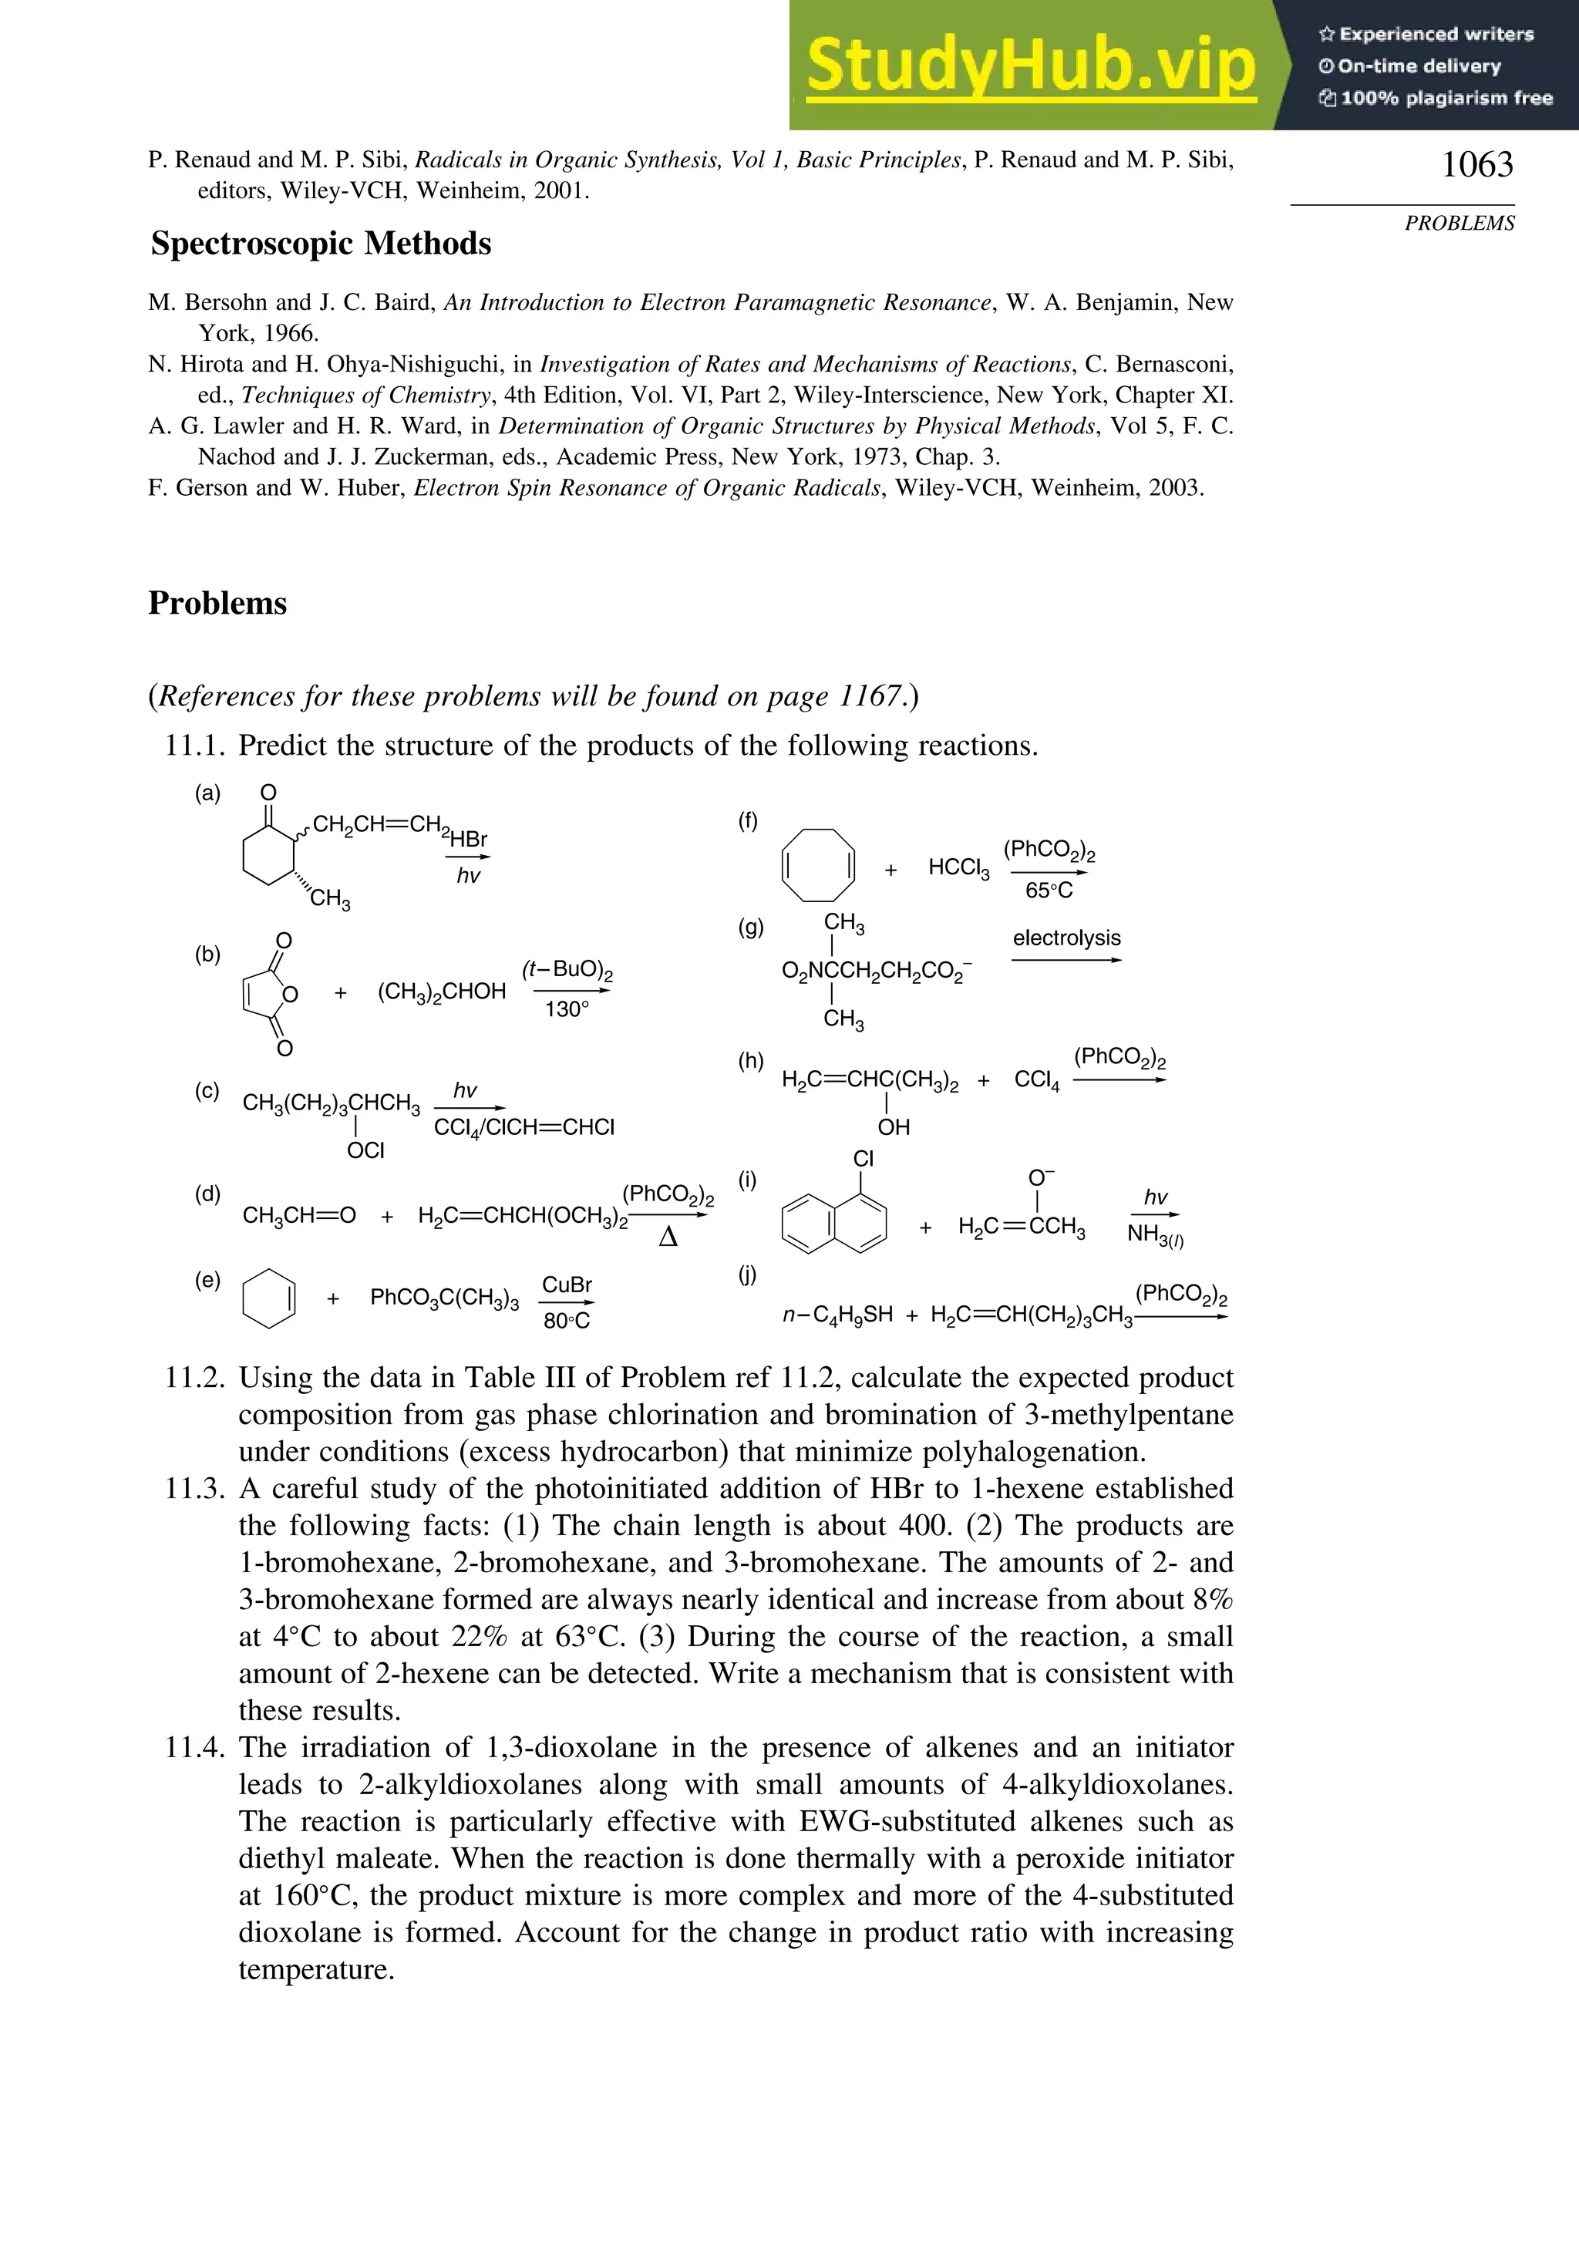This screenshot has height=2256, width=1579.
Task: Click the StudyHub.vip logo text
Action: [1031, 66]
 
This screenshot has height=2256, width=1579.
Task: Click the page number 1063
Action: [1476, 164]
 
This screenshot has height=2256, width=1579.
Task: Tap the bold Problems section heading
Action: [217, 603]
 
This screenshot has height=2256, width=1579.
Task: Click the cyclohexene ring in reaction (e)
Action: [268, 1299]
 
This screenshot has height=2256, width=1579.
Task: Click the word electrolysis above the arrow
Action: [1066, 938]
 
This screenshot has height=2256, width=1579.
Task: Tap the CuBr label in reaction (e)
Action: [567, 1285]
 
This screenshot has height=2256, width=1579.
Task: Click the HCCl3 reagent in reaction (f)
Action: [958, 867]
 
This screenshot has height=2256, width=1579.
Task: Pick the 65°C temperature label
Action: [1049, 891]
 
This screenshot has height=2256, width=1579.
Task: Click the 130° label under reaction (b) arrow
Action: [567, 1009]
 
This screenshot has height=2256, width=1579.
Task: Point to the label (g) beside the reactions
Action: [751, 928]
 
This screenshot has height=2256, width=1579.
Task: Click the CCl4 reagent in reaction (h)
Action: [1037, 1081]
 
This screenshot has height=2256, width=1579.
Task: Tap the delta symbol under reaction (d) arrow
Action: [668, 1238]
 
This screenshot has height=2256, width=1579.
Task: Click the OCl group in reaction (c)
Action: [365, 1150]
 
